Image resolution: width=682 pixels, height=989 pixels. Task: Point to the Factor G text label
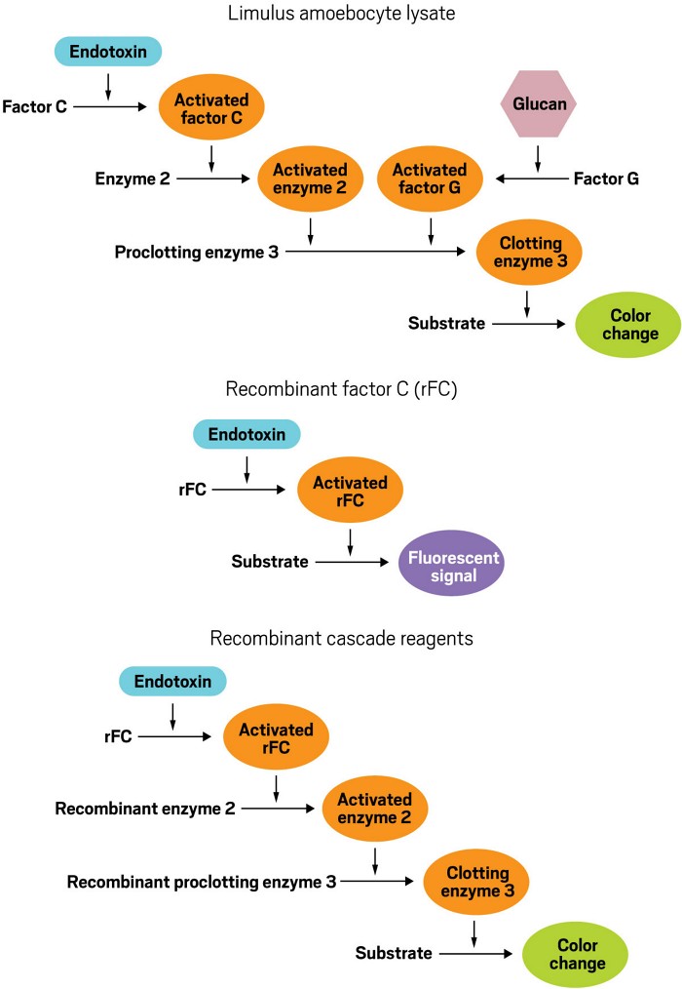(606, 178)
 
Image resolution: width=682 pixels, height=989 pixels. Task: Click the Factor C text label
(34, 104)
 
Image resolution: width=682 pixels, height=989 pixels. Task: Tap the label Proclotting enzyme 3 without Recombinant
(196, 252)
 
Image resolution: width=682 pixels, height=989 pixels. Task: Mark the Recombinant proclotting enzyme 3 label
(202, 883)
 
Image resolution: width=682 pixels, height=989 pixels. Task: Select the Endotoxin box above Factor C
(108, 50)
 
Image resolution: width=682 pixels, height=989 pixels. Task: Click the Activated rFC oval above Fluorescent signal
(351, 491)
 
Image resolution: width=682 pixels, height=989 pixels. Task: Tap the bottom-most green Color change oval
(575, 955)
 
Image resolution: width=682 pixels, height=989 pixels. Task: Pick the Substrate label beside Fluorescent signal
(270, 561)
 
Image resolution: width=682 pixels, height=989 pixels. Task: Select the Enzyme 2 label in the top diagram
(126, 178)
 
